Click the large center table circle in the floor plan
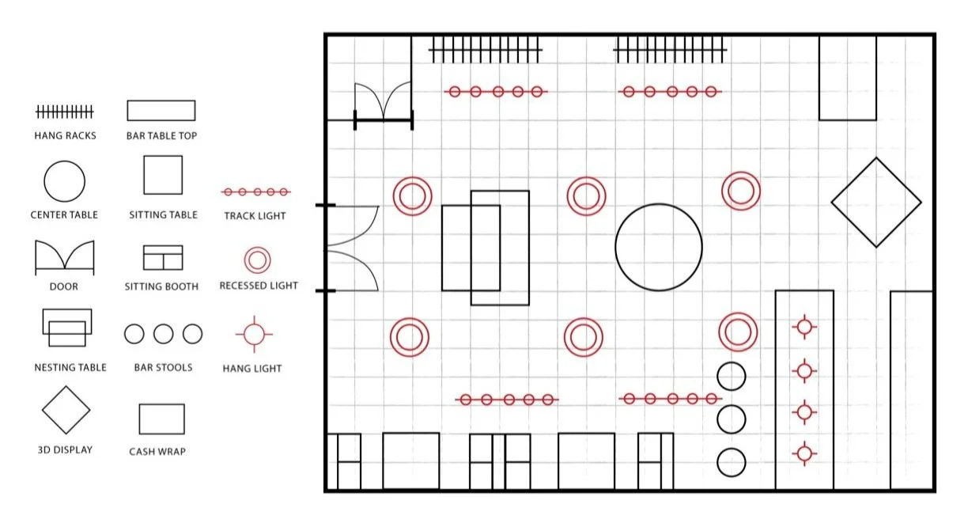(x=659, y=246)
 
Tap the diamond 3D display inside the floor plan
(x=875, y=203)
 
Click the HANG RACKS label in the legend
(x=65, y=135)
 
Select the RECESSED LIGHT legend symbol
(x=258, y=260)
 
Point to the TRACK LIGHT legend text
(x=255, y=215)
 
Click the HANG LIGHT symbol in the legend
(x=253, y=335)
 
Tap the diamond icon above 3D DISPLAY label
(x=66, y=410)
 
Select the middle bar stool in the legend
(x=163, y=334)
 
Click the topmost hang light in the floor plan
(x=804, y=326)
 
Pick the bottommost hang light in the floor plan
(x=804, y=453)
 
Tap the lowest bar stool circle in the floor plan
(x=732, y=462)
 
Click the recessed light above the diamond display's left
(x=741, y=191)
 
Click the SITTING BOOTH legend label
(x=163, y=286)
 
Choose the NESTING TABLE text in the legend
(x=70, y=367)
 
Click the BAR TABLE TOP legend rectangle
(x=161, y=110)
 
